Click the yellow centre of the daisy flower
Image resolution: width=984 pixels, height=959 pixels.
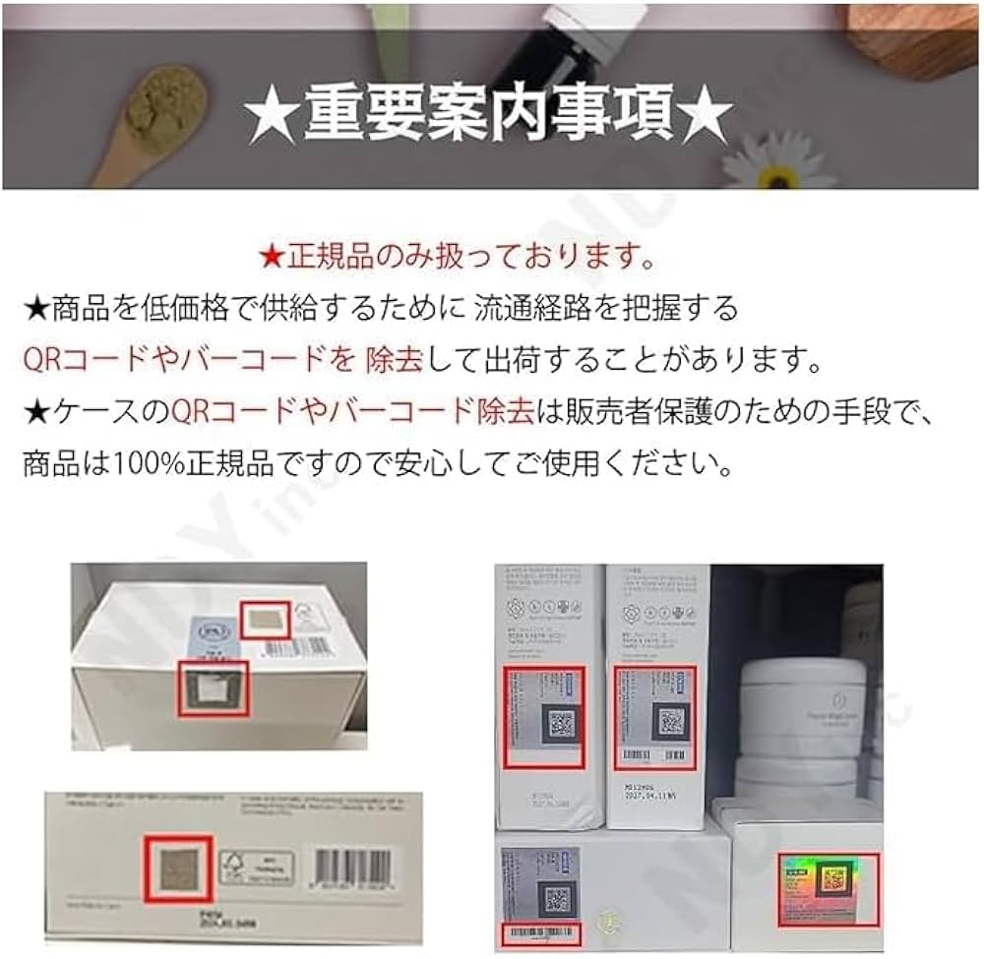pyautogui.click(x=777, y=177)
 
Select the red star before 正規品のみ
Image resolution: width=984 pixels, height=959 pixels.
pyautogui.click(x=272, y=259)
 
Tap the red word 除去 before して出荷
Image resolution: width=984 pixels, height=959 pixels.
pyautogui.click(x=394, y=359)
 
